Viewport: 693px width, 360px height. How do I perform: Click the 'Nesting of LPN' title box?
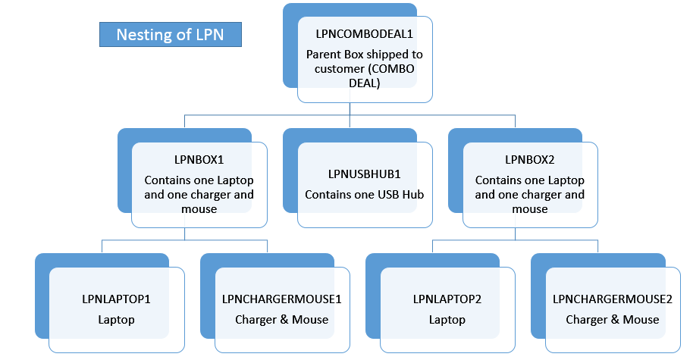click(169, 34)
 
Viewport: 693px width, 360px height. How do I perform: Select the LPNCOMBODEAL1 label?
click(365, 34)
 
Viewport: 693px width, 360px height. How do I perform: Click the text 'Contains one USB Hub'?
click(364, 195)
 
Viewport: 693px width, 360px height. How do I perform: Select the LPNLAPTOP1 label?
click(116, 299)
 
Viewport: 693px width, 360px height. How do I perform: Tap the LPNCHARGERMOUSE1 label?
click(282, 299)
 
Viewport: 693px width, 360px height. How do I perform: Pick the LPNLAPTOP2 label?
click(447, 299)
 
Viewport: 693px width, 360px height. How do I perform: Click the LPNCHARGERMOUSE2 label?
click(613, 299)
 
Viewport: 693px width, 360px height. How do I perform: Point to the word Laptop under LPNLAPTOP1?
click(116, 319)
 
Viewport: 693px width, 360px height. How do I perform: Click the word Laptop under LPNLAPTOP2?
click(447, 319)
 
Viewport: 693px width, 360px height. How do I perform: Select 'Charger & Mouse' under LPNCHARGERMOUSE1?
click(282, 319)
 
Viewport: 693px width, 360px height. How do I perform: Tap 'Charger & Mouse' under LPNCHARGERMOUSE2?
click(613, 319)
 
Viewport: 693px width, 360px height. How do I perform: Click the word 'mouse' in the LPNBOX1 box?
click(199, 208)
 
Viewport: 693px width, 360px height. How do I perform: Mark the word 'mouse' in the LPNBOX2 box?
click(530, 208)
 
